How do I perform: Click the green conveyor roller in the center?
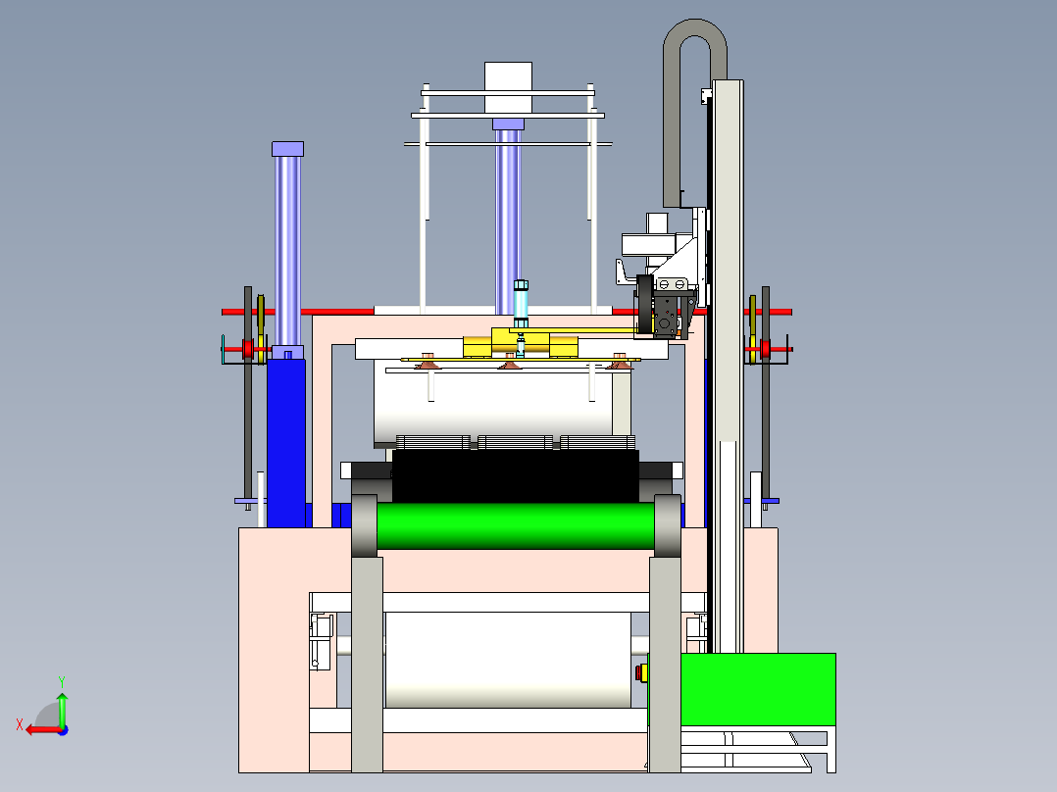click(x=516, y=525)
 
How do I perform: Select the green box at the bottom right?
click(x=758, y=690)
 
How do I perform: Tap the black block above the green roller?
click(x=515, y=476)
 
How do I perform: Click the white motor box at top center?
click(x=508, y=88)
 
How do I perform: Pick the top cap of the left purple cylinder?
click(x=287, y=149)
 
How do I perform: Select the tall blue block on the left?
click(x=286, y=441)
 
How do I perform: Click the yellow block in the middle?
click(x=520, y=345)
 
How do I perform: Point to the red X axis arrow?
click(x=39, y=728)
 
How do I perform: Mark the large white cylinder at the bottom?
click(x=507, y=660)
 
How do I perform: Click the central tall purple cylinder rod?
click(x=507, y=216)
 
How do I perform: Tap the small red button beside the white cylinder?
click(x=642, y=672)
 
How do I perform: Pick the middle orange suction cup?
click(x=509, y=366)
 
